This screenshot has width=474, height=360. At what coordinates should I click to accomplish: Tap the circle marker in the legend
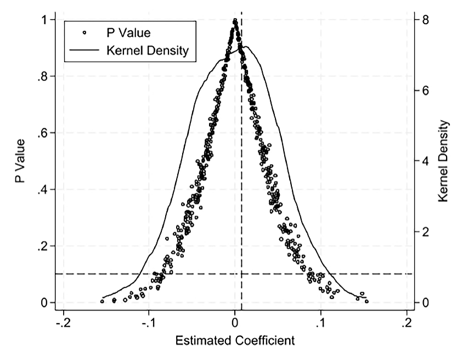tap(84, 33)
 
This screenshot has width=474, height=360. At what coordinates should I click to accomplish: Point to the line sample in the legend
tap(84, 51)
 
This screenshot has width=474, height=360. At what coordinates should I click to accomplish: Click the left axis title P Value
tap(21, 161)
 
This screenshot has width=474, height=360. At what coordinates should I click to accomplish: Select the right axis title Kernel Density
tap(444, 161)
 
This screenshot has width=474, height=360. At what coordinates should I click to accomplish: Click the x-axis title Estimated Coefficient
tap(235, 340)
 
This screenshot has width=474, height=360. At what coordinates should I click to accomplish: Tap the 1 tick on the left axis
tap(43, 20)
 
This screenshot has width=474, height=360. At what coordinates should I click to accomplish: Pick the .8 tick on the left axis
tap(42, 76)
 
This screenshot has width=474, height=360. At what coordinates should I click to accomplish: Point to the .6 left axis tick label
tap(42, 133)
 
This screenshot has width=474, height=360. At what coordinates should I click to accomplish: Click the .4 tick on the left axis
tap(42, 189)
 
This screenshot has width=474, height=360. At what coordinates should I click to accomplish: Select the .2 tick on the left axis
tap(42, 246)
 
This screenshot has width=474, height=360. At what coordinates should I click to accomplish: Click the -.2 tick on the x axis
tap(63, 322)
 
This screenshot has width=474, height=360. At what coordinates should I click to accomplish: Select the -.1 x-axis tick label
tap(148, 322)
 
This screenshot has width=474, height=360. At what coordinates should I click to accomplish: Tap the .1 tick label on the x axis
tap(321, 322)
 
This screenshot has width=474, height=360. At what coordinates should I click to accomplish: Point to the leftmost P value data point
tap(102, 301)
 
